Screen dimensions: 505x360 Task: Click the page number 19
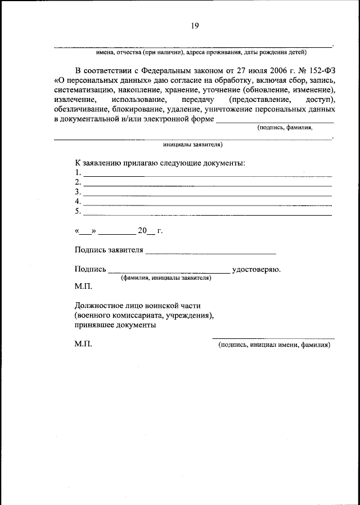point(195,25)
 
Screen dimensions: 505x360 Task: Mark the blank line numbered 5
point(207,214)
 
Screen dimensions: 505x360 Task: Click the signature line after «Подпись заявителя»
point(210,253)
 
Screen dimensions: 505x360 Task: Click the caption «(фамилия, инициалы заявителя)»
point(166,278)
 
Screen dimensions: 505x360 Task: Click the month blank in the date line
point(118,233)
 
